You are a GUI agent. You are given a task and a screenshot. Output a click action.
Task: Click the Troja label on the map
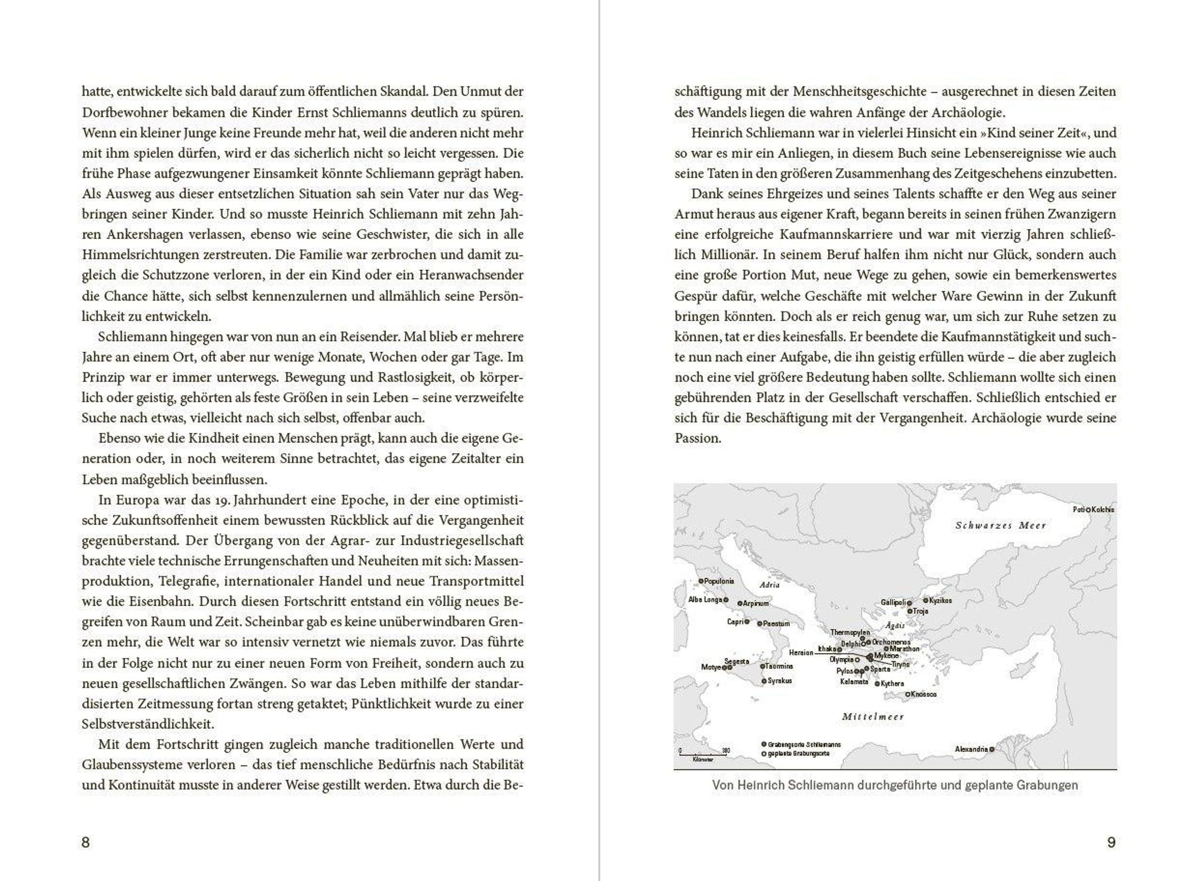coord(921,611)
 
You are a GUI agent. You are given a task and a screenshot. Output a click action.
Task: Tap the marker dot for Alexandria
coord(992,750)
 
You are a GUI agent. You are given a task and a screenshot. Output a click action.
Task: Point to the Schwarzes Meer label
coord(1000,525)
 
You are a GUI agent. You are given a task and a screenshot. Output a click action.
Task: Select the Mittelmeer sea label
coord(873,717)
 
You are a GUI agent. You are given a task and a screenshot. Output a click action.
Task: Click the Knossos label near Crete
coord(924,694)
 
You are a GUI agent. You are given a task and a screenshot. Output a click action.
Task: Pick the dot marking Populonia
coord(701,581)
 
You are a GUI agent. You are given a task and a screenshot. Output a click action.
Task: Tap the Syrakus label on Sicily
coord(780,680)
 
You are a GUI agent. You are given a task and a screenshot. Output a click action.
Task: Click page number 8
coord(85,842)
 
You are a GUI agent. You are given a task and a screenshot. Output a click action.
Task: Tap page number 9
coord(1111,842)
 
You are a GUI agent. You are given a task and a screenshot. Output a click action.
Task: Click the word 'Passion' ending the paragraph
coord(697,438)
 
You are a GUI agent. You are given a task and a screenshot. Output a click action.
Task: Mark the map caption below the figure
coord(894,785)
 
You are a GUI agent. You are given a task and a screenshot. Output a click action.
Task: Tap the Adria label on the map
coord(770,585)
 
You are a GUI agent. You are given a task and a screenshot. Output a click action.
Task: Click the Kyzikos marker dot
coord(926,601)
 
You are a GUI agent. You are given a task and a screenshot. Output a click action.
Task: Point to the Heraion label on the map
coord(801,652)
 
